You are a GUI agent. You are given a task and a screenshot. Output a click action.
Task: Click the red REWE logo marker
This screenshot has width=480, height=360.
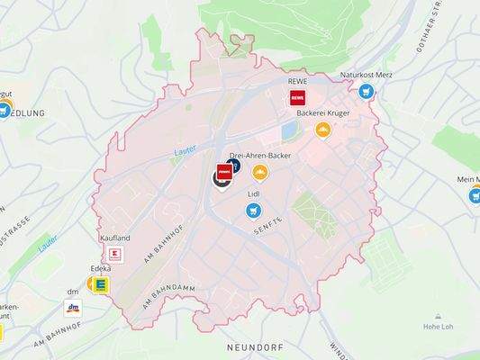(296, 99)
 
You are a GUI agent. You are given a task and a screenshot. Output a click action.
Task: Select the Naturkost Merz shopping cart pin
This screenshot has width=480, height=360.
(366, 91)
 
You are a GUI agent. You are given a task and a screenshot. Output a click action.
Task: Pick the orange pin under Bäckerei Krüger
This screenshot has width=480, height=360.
(322, 130)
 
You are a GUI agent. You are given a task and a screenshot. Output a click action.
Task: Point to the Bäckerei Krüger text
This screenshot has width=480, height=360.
(322, 114)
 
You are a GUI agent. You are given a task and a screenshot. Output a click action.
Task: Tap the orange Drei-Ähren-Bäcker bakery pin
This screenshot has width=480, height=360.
(260, 172)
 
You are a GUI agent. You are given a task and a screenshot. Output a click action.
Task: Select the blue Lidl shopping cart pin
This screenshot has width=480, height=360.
(254, 211)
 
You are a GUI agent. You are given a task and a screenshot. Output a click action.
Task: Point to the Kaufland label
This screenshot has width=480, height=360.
(116, 238)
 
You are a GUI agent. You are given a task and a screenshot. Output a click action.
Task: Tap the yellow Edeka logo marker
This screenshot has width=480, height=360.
(101, 284)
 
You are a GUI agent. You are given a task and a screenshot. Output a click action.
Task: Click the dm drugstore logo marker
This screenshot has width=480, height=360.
(72, 308)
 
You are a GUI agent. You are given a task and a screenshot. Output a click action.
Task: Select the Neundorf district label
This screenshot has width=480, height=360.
(256, 346)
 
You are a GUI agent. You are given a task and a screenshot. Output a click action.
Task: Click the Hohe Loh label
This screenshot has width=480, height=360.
(438, 328)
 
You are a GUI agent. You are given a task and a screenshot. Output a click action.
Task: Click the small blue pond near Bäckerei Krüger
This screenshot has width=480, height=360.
(288, 131)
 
